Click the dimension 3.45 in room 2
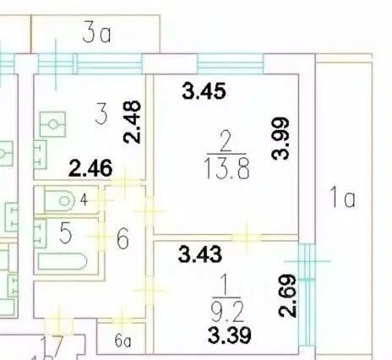click(204, 90)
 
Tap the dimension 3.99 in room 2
click(280, 139)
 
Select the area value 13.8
click(227, 169)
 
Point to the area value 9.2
click(227, 311)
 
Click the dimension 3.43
click(200, 254)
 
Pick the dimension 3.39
click(230, 335)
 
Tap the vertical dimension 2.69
click(287, 296)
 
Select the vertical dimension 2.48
click(132, 122)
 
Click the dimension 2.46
click(90, 168)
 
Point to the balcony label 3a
click(96, 34)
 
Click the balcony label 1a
click(342, 197)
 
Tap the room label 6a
click(122, 341)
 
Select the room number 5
click(66, 232)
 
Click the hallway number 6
click(122, 238)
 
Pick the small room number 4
click(84, 200)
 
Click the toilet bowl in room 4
click(59, 200)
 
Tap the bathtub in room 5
click(62, 261)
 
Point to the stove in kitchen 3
click(52, 124)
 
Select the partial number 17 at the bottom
click(52, 346)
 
